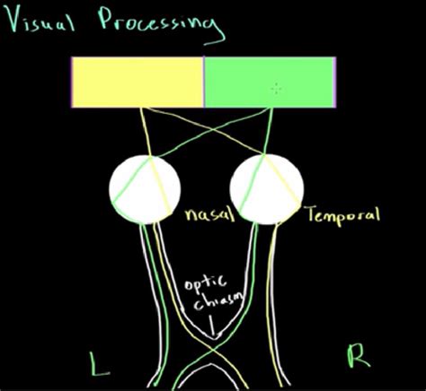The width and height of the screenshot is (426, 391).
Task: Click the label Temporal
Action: pos(342,214)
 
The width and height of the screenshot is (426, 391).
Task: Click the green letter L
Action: pos(96,361)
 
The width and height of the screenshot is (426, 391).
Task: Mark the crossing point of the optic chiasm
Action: pos(213,344)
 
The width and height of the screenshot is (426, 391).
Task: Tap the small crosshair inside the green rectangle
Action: pos(277,88)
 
